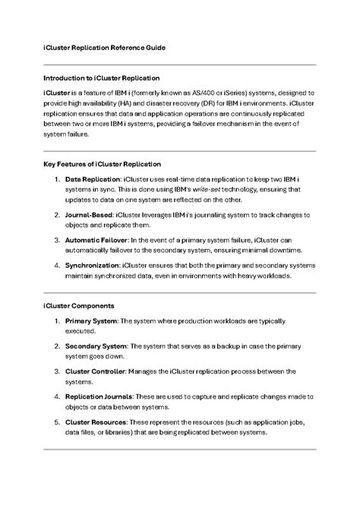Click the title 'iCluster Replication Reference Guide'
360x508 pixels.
pyautogui.click(x=104, y=47)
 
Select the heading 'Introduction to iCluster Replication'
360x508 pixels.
pyautogui.click(x=101, y=77)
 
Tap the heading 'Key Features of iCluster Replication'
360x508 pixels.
pyautogui.click(x=102, y=163)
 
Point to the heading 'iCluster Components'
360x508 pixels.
pyautogui.click(x=79, y=306)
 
